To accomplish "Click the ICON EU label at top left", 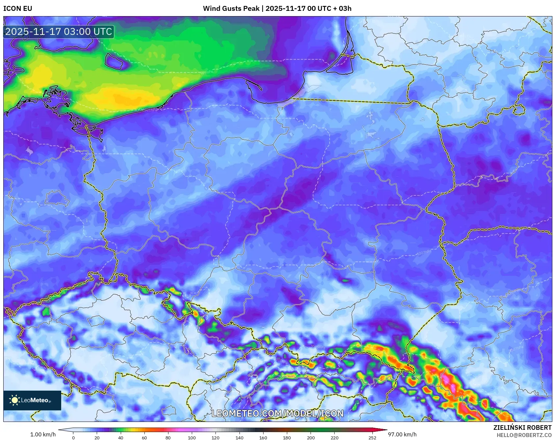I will (18, 9).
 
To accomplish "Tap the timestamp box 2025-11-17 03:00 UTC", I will (59, 32).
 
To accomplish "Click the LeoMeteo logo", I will (32, 400).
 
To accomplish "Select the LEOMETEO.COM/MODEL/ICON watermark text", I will (277, 413).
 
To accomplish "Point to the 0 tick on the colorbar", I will (73, 437).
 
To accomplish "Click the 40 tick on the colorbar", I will (121, 437).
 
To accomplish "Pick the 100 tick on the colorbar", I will (192, 437).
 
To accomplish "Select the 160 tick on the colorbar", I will (263, 437).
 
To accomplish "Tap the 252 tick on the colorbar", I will (372, 437).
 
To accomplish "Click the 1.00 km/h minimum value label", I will (43, 434).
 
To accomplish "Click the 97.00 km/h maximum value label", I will (402, 434).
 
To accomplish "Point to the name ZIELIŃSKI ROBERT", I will (522, 427).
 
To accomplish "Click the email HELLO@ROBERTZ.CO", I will (524, 435).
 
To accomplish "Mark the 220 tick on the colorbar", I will (335, 437).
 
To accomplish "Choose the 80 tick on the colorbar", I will (168, 437).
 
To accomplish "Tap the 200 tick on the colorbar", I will (311, 437).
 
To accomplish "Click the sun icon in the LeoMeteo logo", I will (14, 400).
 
